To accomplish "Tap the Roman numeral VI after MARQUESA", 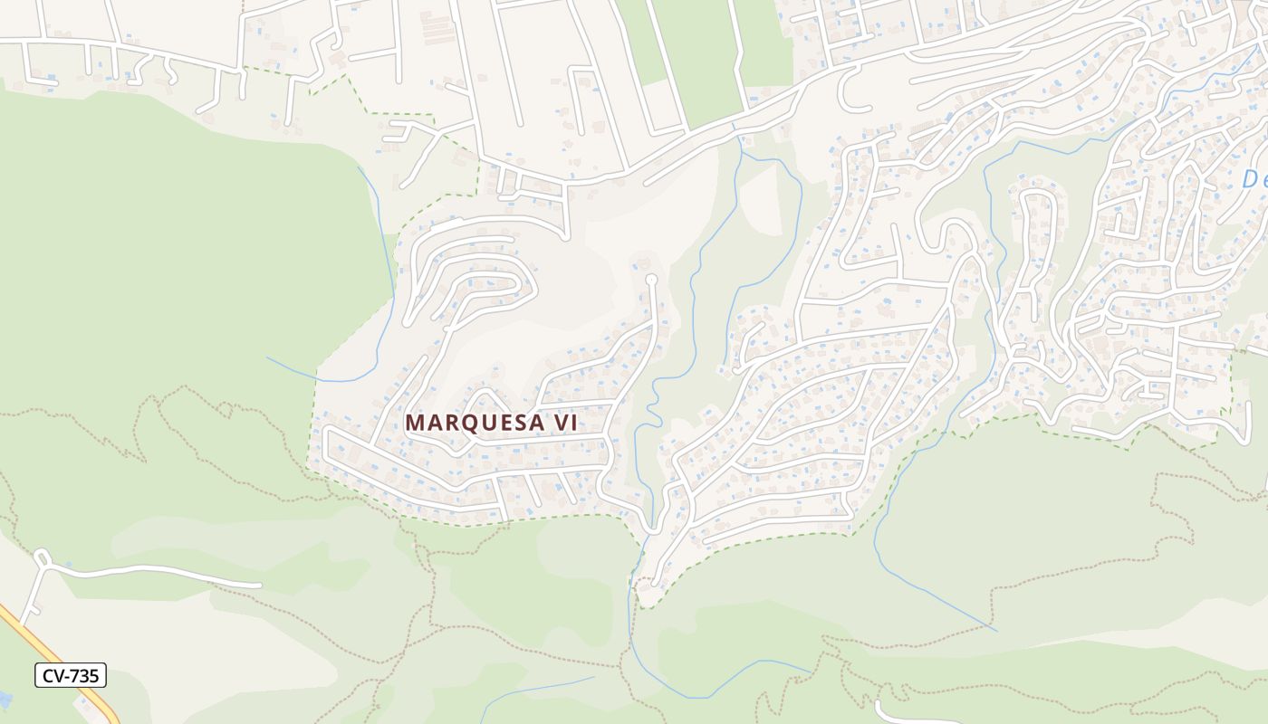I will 561,423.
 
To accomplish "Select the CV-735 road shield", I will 71,674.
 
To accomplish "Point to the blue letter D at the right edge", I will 1254,179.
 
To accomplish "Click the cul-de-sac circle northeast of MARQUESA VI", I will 651,280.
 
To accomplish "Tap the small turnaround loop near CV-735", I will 41,557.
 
